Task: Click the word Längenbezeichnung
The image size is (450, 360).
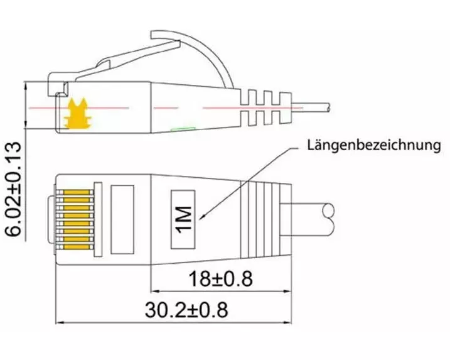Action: [x=374, y=145]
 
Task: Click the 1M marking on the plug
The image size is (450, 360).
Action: [x=184, y=219]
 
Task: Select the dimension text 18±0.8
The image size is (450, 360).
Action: [x=220, y=278]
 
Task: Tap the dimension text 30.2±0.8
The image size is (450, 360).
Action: [x=186, y=310]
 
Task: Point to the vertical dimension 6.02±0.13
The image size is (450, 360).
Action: [x=13, y=188]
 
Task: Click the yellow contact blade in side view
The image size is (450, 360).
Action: [x=78, y=114]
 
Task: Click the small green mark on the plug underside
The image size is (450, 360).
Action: [x=183, y=129]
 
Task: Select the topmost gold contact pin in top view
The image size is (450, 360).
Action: [x=77, y=192]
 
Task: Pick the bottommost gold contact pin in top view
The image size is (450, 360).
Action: [x=77, y=247]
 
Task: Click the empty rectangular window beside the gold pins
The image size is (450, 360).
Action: [x=122, y=219]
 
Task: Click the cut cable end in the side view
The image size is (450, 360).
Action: [x=328, y=107]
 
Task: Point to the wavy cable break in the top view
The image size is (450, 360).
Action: [x=329, y=219]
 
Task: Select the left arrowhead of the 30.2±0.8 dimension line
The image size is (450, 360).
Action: [x=60, y=323]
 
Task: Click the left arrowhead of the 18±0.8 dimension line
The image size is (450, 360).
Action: [x=155, y=292]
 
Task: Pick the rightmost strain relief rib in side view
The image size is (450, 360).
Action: [x=286, y=108]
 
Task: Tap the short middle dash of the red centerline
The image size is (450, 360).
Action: [x=166, y=108]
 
